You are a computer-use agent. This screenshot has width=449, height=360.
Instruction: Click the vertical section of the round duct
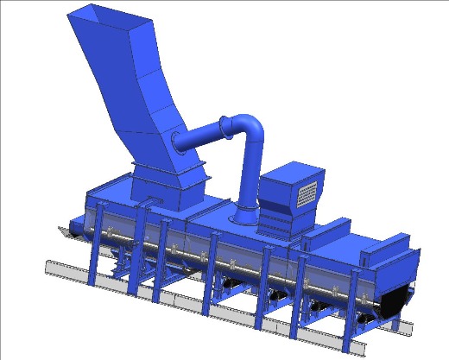pyautogui.click(x=250, y=173)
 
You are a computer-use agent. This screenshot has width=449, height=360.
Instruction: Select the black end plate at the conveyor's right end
pyautogui.click(x=399, y=300)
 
